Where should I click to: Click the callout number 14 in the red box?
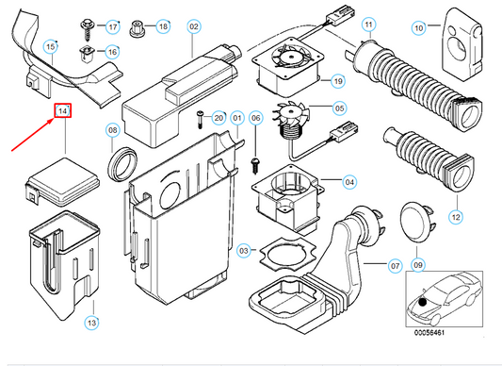(x=62, y=111)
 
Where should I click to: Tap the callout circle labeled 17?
(x=113, y=26)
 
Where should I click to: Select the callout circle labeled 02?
(x=194, y=26)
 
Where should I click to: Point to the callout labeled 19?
(x=338, y=81)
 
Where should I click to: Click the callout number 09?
(x=418, y=265)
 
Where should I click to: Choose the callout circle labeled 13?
(x=91, y=323)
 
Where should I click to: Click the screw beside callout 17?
(x=87, y=29)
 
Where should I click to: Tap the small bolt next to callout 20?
(x=201, y=120)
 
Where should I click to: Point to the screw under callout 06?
(x=255, y=165)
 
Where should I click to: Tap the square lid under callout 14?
(x=62, y=182)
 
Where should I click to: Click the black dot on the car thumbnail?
(x=423, y=302)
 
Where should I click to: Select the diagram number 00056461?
(x=429, y=333)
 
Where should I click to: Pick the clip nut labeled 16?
(x=86, y=54)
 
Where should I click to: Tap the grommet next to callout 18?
(x=137, y=28)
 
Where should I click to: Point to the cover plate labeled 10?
(x=462, y=43)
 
